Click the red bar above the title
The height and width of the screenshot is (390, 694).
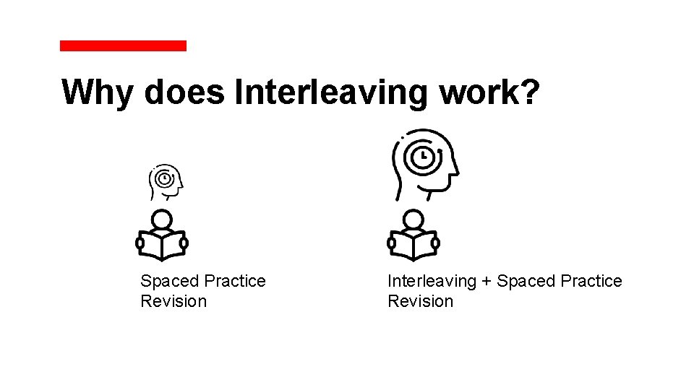click(x=123, y=45)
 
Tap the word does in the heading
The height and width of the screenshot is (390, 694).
click(x=184, y=92)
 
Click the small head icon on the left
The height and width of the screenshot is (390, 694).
click(x=166, y=181)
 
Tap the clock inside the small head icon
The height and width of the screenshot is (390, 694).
click(x=165, y=178)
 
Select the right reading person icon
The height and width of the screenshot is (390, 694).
click(x=414, y=236)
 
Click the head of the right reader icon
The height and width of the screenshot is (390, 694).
click(x=414, y=220)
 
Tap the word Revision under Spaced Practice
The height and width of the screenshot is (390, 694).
click(x=173, y=301)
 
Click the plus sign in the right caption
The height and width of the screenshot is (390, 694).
click(x=487, y=282)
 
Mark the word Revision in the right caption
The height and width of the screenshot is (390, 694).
click(x=421, y=301)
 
